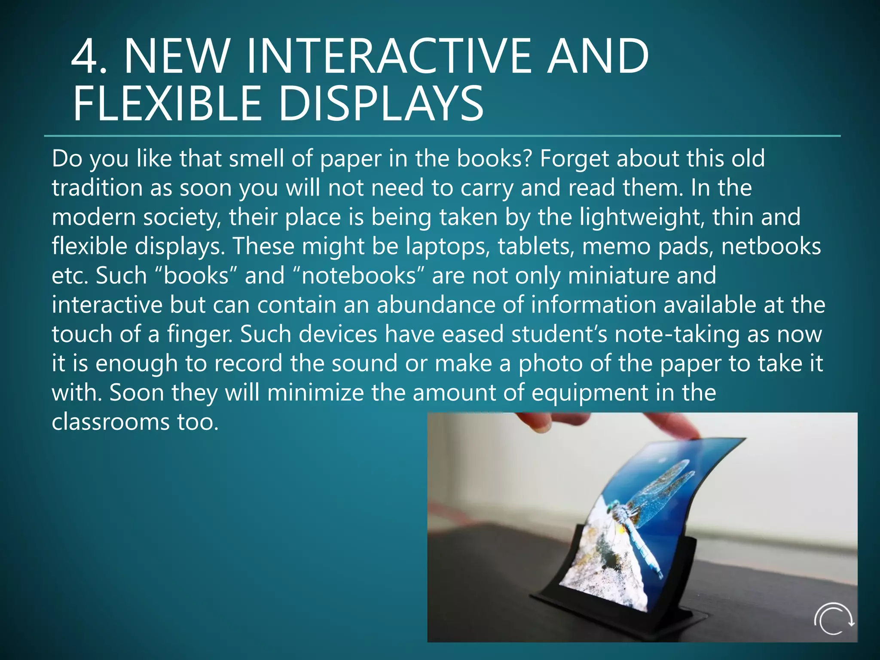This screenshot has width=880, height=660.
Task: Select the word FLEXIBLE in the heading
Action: (x=167, y=104)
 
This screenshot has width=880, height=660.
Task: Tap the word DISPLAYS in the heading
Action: (x=381, y=104)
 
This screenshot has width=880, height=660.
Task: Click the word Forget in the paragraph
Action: (x=574, y=159)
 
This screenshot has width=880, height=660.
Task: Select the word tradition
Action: (x=97, y=188)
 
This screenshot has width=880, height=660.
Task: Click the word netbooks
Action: (x=771, y=247)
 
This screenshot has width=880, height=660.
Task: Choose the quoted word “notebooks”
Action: (x=358, y=275)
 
